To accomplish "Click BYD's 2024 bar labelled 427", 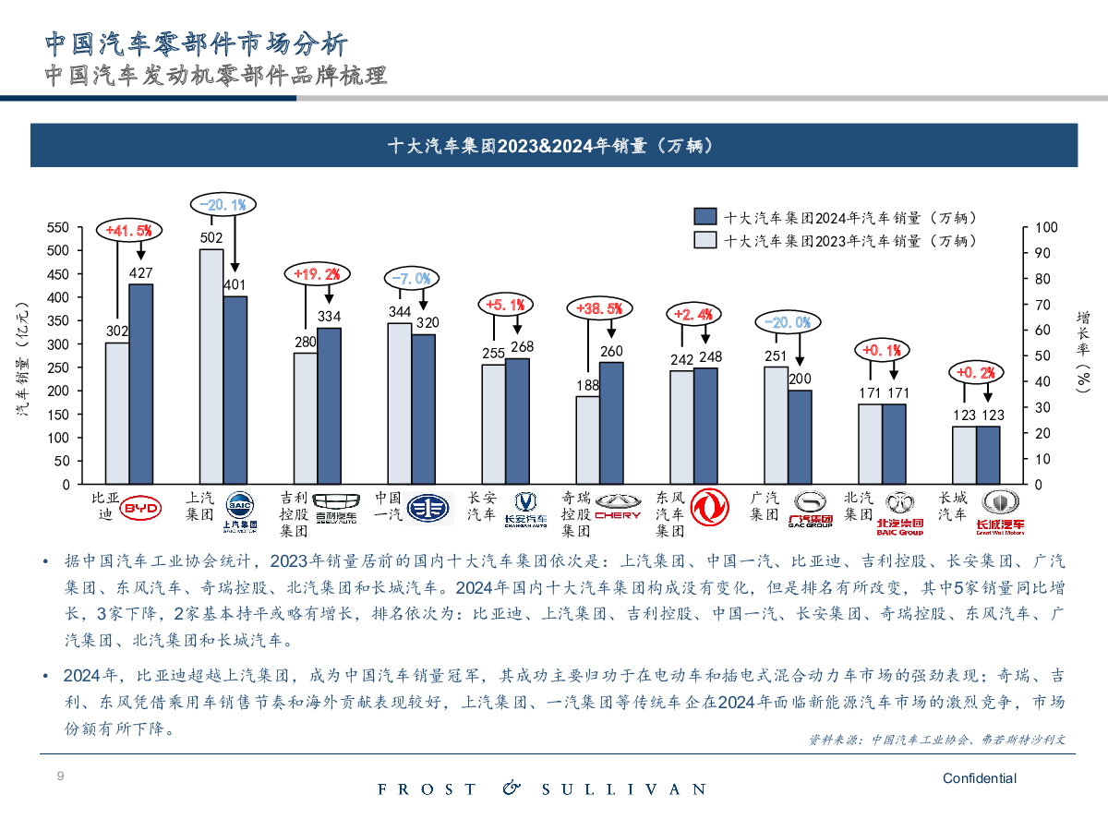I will [x=140, y=383].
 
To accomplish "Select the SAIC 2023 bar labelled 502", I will [x=211, y=367].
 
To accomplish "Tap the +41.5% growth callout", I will [x=129, y=230].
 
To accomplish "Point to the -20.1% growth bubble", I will [x=223, y=204].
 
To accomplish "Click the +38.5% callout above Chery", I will [x=598, y=308].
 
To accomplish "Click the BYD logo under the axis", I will [x=141, y=508].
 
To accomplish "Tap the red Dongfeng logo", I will [x=709, y=508].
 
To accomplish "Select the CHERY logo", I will [x=617, y=507].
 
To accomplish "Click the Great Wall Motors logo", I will [x=1000, y=510].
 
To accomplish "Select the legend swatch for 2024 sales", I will [x=705, y=217].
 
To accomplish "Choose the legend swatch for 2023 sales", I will [x=705, y=240].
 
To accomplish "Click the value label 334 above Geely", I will [x=330, y=317].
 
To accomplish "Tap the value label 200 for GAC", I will [x=800, y=379].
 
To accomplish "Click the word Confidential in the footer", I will [x=979, y=778].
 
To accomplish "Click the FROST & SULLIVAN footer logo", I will [x=542, y=789].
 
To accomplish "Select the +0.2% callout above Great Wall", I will [x=976, y=372].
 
